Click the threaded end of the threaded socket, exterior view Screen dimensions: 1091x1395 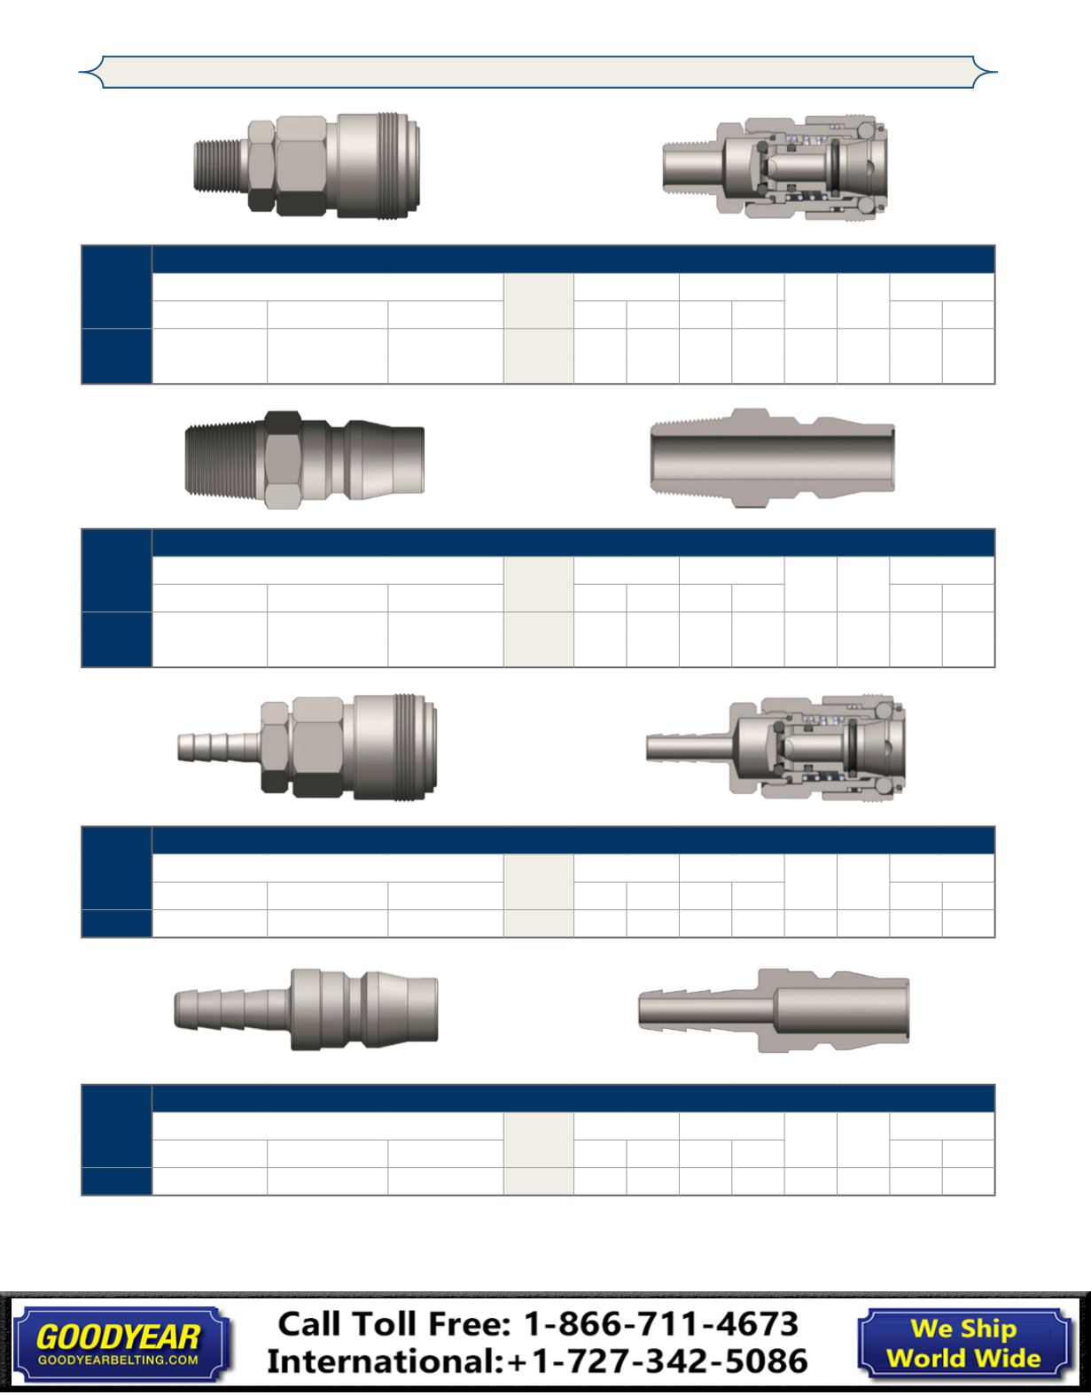(x=221, y=167)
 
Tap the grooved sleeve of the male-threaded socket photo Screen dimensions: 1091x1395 (x=378, y=166)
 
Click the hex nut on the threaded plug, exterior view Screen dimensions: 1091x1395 (x=283, y=460)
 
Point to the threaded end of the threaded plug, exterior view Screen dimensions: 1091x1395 (x=224, y=460)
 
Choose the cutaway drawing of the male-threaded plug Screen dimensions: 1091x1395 (x=773, y=458)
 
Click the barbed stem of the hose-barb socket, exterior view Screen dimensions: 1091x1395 (x=219, y=746)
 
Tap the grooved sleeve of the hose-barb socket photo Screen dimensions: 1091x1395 (x=395, y=746)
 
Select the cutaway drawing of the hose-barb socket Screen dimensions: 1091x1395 (x=775, y=747)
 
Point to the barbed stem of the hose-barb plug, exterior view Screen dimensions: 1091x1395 (x=232, y=1009)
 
